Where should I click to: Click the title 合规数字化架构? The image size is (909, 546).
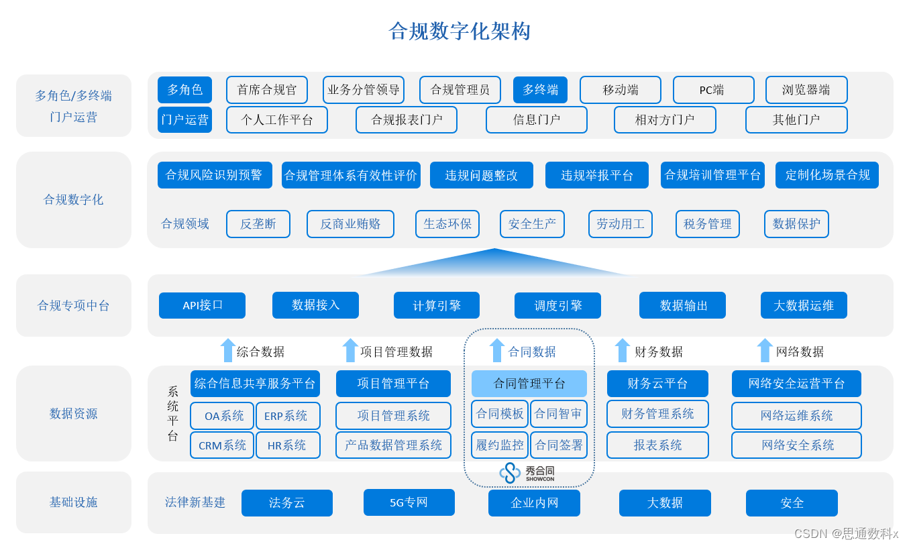460,32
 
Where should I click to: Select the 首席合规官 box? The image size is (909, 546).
266,90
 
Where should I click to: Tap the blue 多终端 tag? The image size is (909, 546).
540,90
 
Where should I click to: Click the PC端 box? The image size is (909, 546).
713,90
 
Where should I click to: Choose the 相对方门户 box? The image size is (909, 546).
665,119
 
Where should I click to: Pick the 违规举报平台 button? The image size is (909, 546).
597,175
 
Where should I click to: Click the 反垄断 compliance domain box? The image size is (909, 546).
258,224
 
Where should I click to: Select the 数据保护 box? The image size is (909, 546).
796,224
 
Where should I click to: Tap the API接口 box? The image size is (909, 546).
202,305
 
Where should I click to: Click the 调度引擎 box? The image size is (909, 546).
557,305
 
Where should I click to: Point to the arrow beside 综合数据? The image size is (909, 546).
227,350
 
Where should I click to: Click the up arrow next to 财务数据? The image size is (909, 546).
622,350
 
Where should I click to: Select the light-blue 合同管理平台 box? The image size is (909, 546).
529,383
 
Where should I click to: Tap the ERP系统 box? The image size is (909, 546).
288,416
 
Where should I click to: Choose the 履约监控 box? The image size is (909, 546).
500,445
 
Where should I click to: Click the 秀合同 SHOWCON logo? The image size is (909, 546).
527,473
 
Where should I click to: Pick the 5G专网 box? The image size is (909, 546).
409,502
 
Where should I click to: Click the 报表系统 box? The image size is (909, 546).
658,445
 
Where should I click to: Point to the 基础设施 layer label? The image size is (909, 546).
73,502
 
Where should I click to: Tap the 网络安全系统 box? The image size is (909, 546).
796,445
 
